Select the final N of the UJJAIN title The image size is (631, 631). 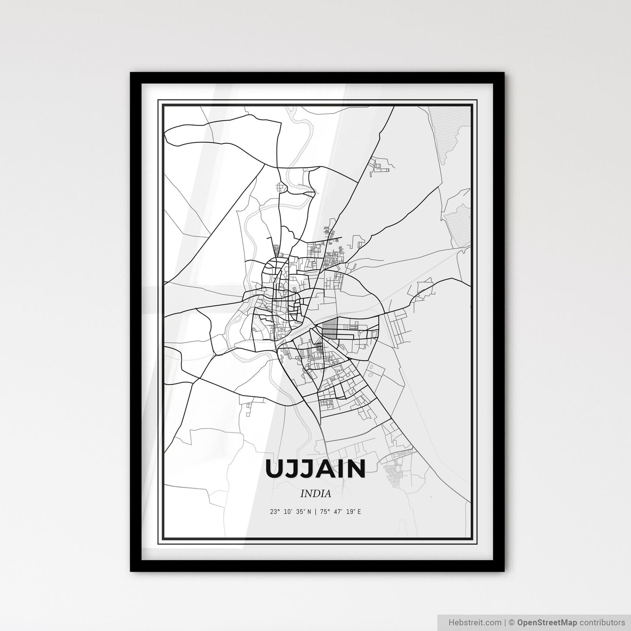tap(355, 469)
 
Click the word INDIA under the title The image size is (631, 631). tap(315, 494)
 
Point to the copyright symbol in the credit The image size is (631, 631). tap(512, 622)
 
